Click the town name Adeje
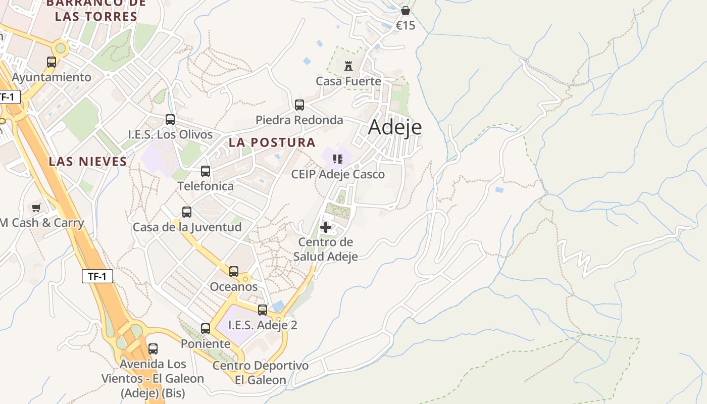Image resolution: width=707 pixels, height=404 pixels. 395,126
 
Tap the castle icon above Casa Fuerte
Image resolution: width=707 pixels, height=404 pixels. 348,66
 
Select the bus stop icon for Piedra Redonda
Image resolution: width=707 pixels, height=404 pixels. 299,105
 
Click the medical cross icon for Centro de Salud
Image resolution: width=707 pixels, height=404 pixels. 326,227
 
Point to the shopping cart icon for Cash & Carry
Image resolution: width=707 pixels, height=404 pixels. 36,208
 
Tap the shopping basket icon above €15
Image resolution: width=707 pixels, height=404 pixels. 405,11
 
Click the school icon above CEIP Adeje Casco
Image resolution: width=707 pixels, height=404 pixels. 338,160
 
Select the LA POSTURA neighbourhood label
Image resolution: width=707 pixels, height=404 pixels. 272,142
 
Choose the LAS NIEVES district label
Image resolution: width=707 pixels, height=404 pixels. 88,162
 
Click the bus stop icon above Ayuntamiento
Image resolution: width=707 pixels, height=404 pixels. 52,62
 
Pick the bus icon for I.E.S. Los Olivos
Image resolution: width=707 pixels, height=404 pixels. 170,120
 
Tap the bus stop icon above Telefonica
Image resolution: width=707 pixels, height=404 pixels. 206,171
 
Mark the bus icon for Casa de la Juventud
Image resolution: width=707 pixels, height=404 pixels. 187,212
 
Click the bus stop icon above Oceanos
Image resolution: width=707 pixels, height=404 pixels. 234,272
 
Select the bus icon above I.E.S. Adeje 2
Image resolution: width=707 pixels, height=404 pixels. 263,310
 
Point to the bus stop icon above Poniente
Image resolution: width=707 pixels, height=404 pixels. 206,329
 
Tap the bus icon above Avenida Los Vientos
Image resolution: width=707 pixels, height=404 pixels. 153,349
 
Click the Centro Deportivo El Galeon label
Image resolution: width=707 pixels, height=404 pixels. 261,373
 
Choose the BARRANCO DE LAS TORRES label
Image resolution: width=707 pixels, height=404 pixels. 96,10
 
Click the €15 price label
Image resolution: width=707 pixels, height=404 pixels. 405,25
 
